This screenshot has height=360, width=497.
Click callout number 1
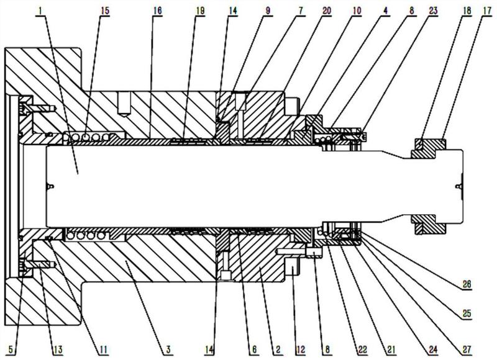41,10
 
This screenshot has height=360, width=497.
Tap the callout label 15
105,10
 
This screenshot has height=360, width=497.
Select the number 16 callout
157,10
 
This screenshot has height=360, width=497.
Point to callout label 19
200,10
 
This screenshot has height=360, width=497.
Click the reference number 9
268,10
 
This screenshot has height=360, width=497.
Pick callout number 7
300,10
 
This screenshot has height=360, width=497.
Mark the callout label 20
327,10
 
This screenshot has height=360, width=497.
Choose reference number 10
357,10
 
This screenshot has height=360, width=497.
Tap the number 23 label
433,10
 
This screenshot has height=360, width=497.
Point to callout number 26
467,284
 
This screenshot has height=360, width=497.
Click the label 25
467,313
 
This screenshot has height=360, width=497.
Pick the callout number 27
467,349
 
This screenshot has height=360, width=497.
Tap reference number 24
433,349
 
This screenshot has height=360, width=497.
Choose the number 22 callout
362,349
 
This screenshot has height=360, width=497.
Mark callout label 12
300,349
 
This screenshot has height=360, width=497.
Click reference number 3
168,349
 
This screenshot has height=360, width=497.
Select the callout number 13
58,349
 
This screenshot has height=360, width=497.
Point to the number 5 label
11,349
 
